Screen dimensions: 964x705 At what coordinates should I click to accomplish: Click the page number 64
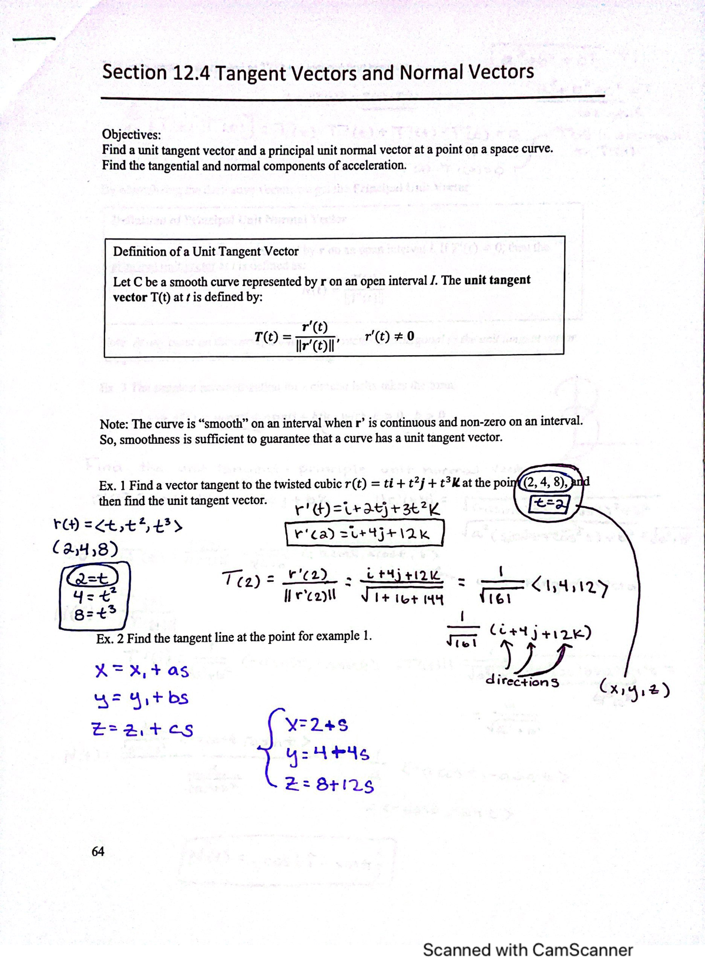click(x=98, y=851)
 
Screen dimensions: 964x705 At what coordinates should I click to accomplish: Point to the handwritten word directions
click(x=522, y=682)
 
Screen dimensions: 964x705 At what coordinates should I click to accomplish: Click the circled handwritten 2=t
click(x=94, y=577)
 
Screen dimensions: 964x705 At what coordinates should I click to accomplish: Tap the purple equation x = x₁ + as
click(x=142, y=670)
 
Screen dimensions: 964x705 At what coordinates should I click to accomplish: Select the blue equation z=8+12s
click(x=328, y=784)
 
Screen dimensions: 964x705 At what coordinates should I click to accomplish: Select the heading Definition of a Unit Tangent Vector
click(x=206, y=251)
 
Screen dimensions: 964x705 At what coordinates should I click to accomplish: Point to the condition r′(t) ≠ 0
click(x=389, y=336)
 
